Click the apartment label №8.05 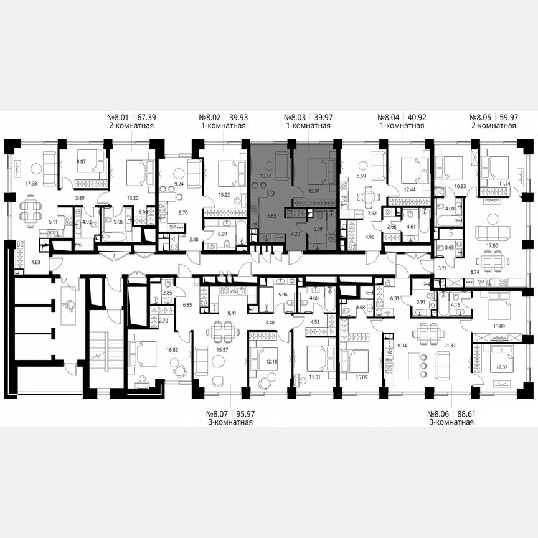tap(484, 116)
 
